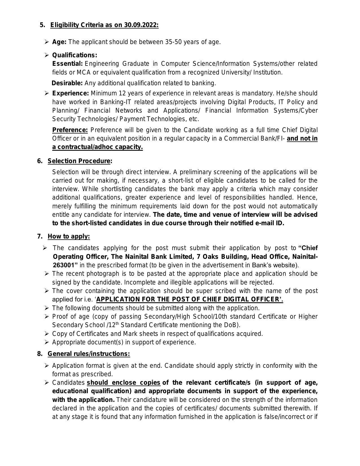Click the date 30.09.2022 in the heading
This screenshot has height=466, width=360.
tap(141, 25)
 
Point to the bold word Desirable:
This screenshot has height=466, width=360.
tap(67, 83)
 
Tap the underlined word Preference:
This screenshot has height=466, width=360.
tap(70, 130)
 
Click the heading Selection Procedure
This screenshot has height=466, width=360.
tap(79, 161)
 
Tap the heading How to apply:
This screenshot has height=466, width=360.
tap(69, 237)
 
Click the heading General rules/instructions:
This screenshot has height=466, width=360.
tap(89, 354)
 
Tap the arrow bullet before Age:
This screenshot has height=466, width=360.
tap(47, 42)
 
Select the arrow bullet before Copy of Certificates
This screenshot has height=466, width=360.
tap(47, 334)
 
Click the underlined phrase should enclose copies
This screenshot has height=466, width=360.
tap(124, 383)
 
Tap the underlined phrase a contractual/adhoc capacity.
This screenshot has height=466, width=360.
tap(97, 147)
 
